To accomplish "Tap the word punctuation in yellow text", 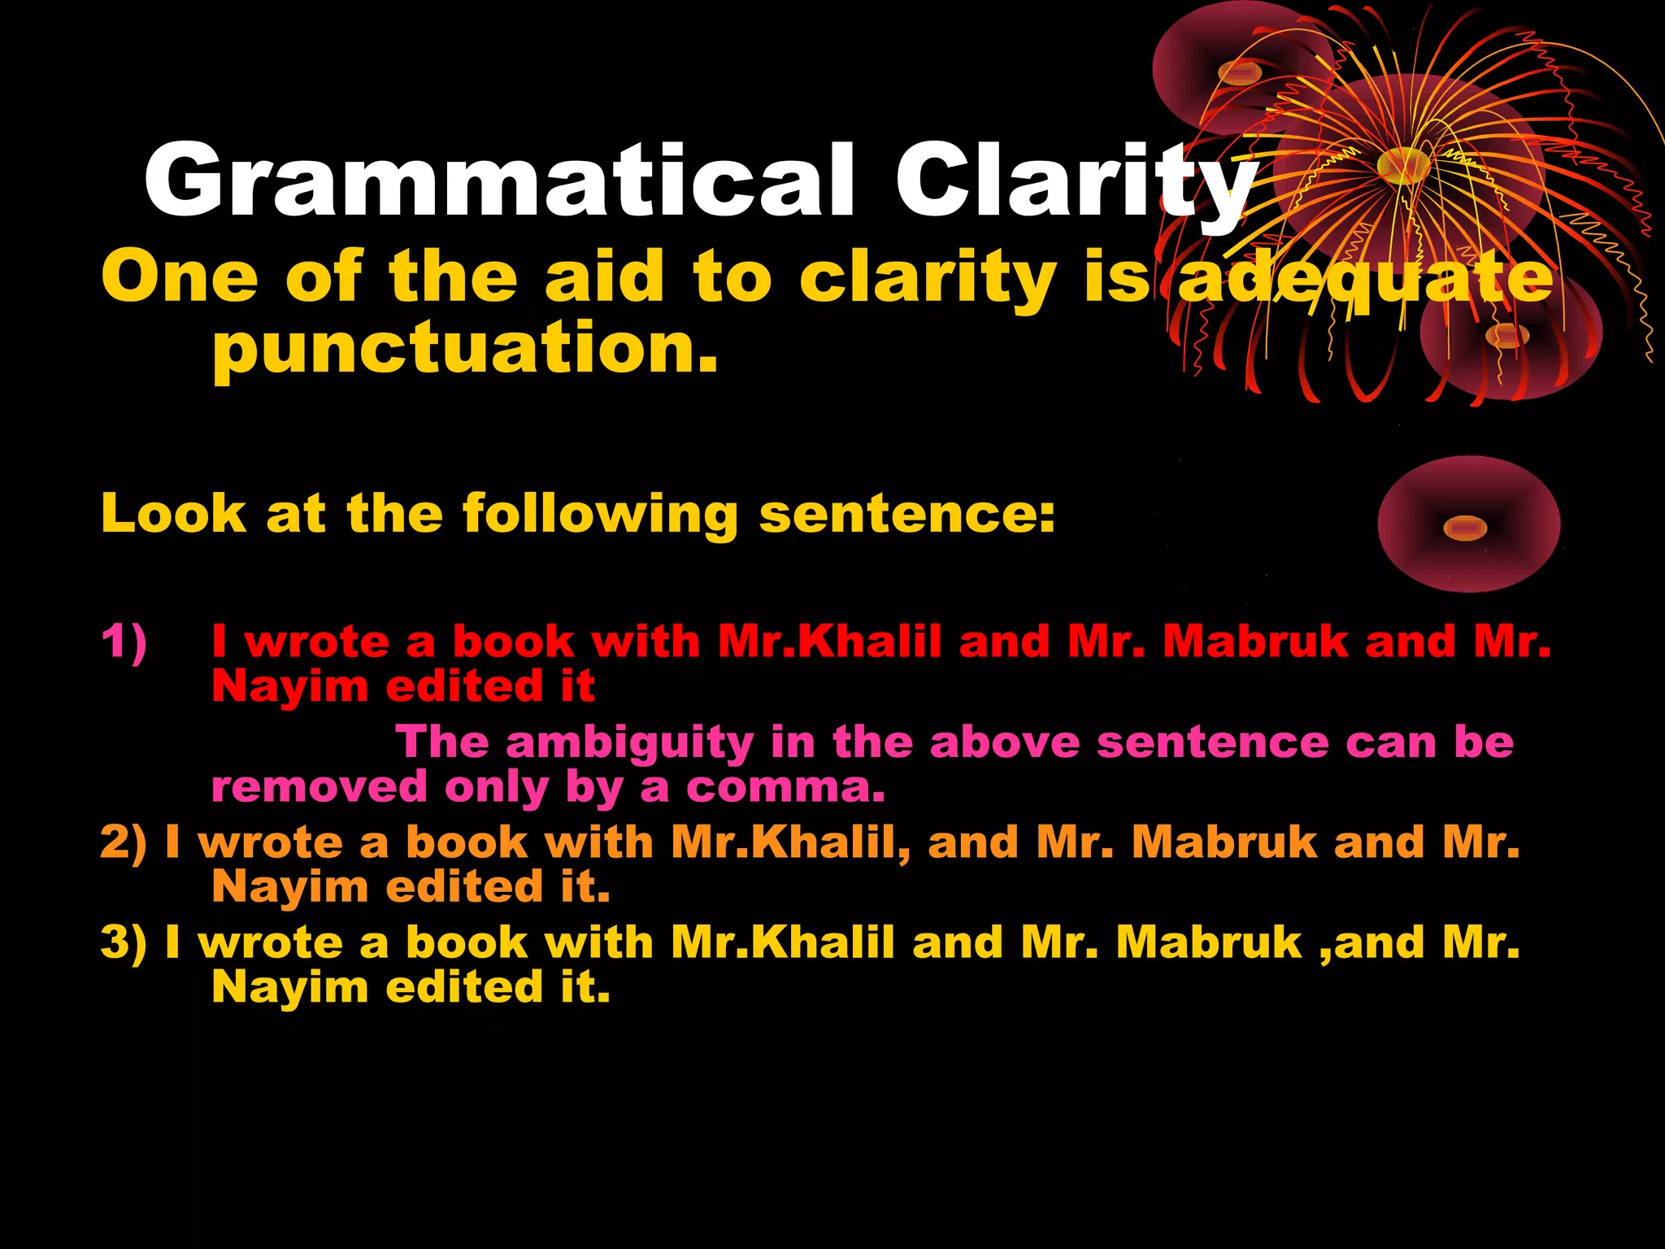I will (x=465, y=348).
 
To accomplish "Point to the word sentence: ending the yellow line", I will (x=906, y=515).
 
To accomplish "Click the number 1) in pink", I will (x=124, y=641).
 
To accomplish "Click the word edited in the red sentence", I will (x=463, y=685).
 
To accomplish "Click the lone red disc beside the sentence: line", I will (x=1468, y=524).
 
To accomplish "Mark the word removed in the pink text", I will (x=319, y=787).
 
